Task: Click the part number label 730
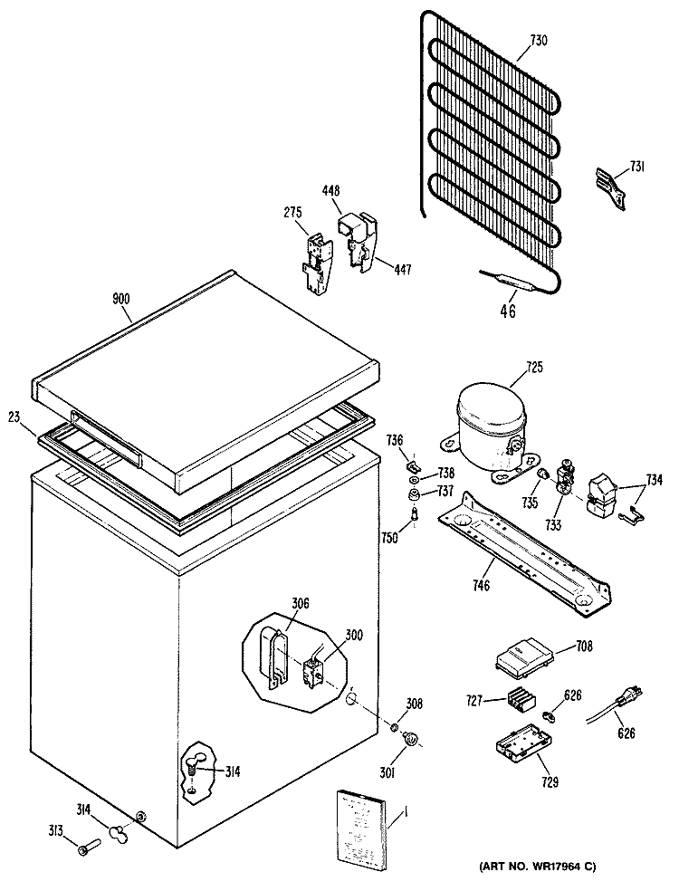click(x=539, y=41)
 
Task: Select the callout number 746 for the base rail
click(x=481, y=585)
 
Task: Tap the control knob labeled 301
click(x=410, y=739)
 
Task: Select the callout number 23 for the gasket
click(x=14, y=418)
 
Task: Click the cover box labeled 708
click(x=522, y=658)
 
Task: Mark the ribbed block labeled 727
click(x=521, y=699)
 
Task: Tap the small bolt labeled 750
click(x=415, y=514)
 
